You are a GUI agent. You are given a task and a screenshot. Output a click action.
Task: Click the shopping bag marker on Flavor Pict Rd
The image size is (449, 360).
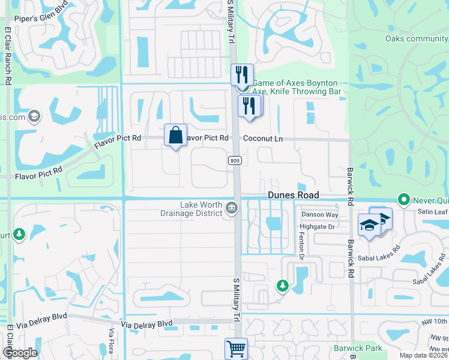(175, 136)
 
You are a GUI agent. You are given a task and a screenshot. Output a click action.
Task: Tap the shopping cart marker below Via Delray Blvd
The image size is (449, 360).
(236, 349)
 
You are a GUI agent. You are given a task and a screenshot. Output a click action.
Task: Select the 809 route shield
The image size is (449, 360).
(235, 161)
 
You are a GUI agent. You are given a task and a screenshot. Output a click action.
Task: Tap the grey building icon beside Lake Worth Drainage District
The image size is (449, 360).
(232, 208)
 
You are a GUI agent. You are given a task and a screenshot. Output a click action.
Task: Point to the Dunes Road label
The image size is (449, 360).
(292, 196)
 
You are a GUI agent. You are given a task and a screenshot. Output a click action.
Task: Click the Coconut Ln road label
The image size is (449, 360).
(263, 139)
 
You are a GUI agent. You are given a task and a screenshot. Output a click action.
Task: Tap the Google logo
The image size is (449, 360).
(20, 353)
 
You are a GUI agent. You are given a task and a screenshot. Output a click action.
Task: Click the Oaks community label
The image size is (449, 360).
(416, 39)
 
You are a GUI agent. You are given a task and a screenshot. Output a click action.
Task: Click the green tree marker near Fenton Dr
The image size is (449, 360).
(281, 286)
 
